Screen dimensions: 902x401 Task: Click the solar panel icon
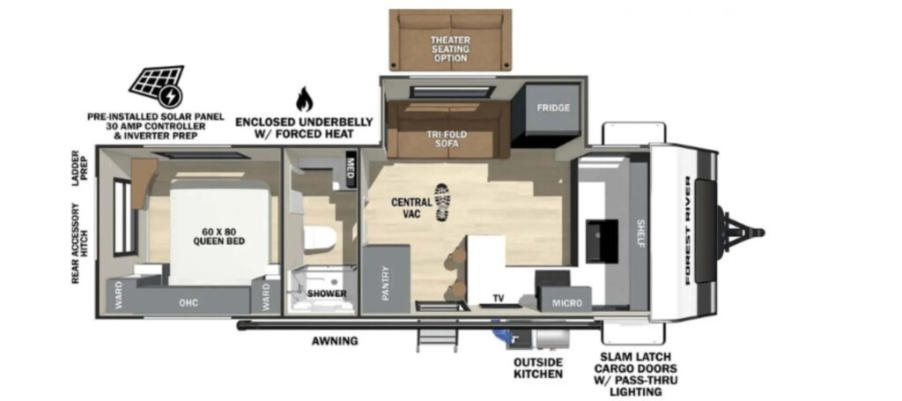point(157,86)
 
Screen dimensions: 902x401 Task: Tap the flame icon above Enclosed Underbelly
point(304,100)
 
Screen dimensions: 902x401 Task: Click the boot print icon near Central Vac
point(442,203)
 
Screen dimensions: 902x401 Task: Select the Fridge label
point(553,108)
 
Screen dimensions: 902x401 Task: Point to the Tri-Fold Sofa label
point(447,138)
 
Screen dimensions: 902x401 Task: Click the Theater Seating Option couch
point(450,40)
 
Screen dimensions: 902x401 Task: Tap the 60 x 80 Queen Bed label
point(218,236)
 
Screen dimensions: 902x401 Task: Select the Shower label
point(327,294)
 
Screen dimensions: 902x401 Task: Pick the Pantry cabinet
point(386,279)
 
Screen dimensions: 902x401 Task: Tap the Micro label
point(567,302)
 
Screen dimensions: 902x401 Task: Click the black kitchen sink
point(602,241)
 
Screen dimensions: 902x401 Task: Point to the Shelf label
point(640,233)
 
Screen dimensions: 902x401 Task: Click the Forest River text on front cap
point(689,230)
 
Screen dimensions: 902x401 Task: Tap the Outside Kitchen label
point(538,368)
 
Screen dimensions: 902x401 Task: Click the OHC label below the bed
point(189,302)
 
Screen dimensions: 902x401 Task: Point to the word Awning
point(335,340)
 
